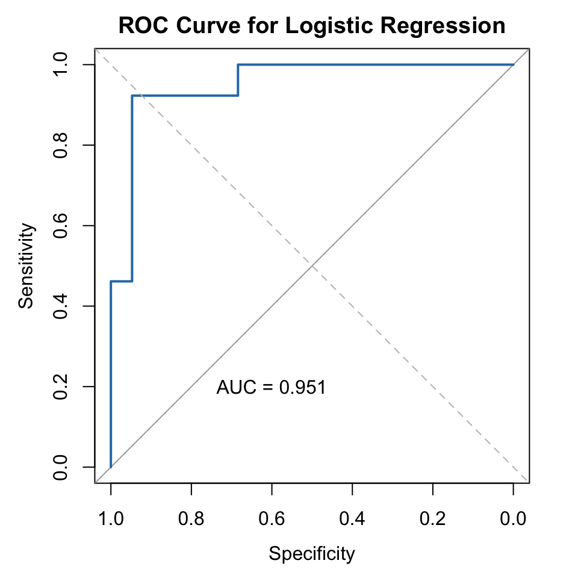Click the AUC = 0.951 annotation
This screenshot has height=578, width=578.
[271, 387]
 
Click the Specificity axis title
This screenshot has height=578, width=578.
[312, 553]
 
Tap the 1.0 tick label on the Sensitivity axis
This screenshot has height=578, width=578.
[60, 64]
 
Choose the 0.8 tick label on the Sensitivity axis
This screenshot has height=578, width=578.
[60, 145]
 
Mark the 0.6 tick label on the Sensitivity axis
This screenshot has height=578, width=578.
[60, 226]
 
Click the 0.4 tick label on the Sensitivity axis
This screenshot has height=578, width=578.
[60, 306]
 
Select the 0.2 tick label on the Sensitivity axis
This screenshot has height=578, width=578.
[60, 387]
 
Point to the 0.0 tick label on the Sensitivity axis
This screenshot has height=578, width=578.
[60, 467]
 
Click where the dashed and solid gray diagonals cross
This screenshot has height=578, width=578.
[312, 266]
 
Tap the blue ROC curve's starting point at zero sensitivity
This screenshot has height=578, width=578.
[111, 467]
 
